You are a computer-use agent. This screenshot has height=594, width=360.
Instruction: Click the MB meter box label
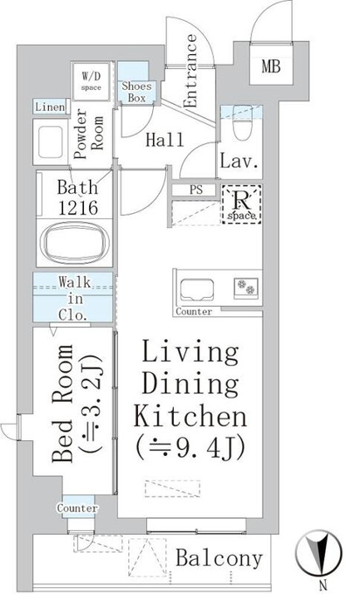point(271,67)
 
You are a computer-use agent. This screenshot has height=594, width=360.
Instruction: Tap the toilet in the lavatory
point(241,121)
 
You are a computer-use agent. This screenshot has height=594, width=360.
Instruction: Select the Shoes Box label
point(136,92)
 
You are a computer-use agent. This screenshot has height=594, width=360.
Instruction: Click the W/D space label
point(92,81)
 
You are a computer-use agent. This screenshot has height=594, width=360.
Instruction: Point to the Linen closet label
point(50,107)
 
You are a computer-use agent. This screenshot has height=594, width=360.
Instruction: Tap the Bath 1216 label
point(77,197)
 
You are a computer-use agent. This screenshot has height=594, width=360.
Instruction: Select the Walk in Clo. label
point(75,299)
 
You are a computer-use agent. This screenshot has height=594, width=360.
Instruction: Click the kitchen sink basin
point(197,290)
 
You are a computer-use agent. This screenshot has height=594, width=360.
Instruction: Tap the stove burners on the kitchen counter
point(246,287)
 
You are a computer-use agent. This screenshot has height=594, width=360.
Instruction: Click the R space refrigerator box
point(241,204)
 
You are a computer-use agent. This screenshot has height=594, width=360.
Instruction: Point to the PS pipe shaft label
point(196,190)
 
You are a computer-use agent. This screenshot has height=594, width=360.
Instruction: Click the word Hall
point(165,140)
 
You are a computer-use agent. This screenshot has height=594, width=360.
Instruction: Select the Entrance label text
point(190,71)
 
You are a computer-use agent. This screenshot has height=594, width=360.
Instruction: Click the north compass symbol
point(318,551)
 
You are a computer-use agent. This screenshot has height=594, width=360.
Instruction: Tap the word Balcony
point(219,558)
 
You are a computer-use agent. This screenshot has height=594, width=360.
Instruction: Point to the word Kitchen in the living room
point(191,416)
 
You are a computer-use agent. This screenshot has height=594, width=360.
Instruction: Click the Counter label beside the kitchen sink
point(194,312)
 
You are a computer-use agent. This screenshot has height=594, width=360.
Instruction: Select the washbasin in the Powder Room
point(51,142)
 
